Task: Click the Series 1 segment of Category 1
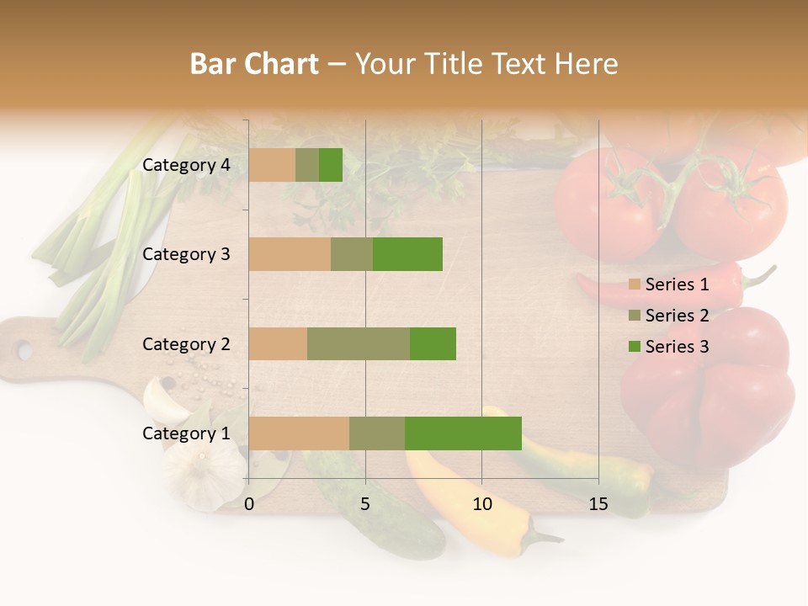pos(299,433)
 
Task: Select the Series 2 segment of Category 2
pos(359,343)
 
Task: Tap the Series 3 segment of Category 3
pos(407,254)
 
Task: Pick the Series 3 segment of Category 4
pos(331,165)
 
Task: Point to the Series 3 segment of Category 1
pos(463,433)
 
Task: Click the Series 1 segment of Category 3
pos(290,254)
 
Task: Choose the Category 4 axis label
pos(186,165)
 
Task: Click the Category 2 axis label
pos(186,343)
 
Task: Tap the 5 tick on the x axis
pos(365,504)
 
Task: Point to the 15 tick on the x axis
pos(598,504)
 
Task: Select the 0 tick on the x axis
pos(249,504)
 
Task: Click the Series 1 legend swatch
pos(635,284)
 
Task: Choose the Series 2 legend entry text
pos(677,316)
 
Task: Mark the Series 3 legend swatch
pos(635,347)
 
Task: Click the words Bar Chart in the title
pos(254,64)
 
